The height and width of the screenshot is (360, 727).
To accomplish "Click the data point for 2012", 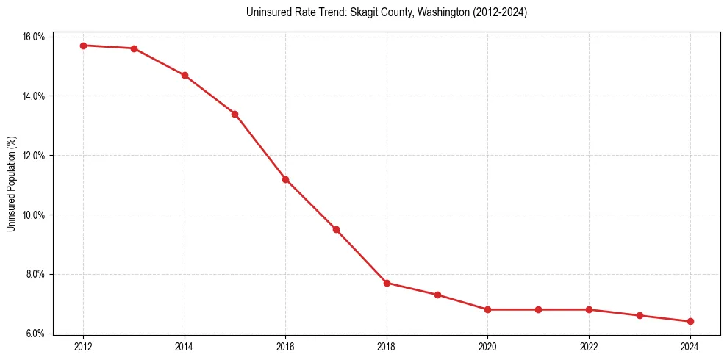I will [x=83, y=46].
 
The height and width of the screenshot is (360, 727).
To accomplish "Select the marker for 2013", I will [x=134, y=48].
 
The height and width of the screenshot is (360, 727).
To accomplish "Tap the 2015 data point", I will [x=234, y=114].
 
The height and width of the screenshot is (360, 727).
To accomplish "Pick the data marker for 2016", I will [x=285, y=179].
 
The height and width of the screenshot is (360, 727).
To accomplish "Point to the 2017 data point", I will [x=336, y=229].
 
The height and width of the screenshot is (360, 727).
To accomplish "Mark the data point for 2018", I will [x=387, y=283].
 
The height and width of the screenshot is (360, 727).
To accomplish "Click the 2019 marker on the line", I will [x=437, y=295].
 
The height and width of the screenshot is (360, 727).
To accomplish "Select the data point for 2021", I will [x=538, y=309].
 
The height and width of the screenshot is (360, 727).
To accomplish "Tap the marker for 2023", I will [x=640, y=315].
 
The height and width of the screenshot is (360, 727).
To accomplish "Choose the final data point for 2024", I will [x=690, y=321].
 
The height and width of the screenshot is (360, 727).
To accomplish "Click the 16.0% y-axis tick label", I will [x=35, y=37].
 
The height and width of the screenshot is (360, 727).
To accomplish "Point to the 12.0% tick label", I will [x=35, y=156].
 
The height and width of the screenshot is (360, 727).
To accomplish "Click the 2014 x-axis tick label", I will [x=185, y=347].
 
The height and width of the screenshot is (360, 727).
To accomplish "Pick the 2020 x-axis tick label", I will [x=488, y=347].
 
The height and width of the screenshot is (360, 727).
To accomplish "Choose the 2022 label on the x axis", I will [x=589, y=347].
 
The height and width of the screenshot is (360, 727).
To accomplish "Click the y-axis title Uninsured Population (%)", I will [x=11, y=184].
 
